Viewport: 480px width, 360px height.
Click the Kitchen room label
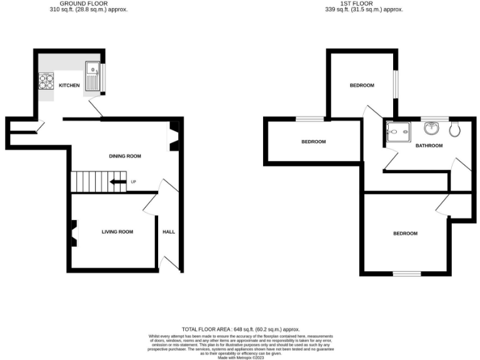pyautogui.click(x=69, y=85)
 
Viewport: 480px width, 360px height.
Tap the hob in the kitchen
pyautogui.click(x=47, y=83)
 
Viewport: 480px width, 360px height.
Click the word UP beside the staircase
pyautogui.click(x=133, y=182)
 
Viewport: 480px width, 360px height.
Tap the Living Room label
pyautogui.click(x=117, y=232)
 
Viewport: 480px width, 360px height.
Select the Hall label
pyautogui.click(x=169, y=232)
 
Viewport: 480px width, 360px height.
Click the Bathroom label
pyautogui.click(x=429, y=146)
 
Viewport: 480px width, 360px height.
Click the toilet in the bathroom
pyautogui.click(x=454, y=129)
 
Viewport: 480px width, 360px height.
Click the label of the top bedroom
pyautogui.click(x=361, y=85)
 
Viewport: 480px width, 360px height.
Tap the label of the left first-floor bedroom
pyautogui.click(x=313, y=141)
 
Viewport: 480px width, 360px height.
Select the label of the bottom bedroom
pyautogui.click(x=405, y=234)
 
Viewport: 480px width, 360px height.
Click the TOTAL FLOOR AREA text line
pyautogui.click(x=241, y=329)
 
